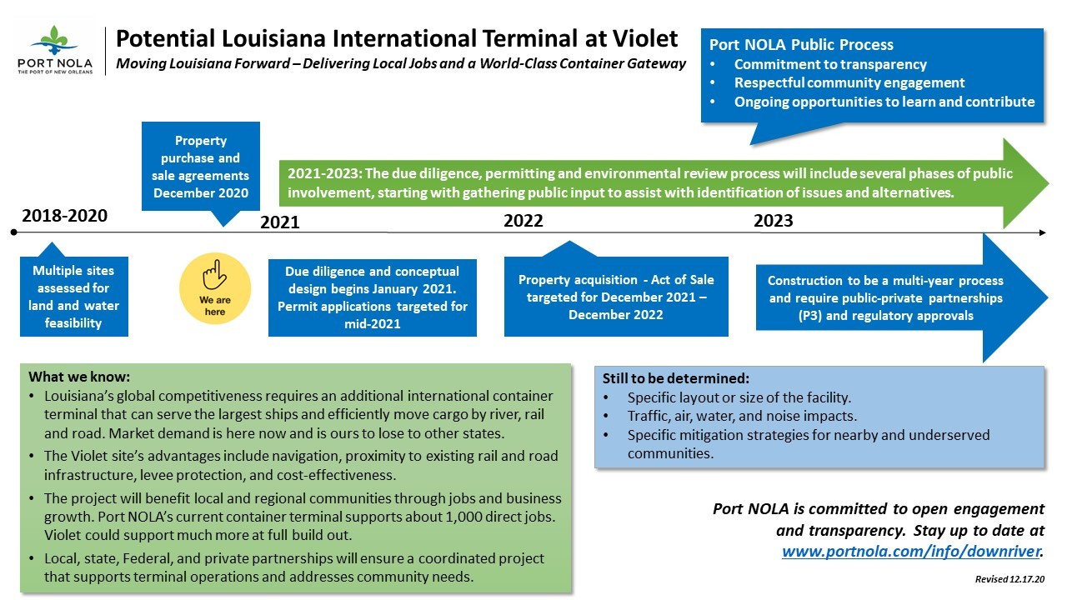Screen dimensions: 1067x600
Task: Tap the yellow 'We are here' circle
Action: (215, 288)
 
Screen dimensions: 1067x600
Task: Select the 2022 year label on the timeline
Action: (523, 221)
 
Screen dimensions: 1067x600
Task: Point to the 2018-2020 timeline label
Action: (64, 216)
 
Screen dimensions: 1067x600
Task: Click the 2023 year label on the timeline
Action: (773, 221)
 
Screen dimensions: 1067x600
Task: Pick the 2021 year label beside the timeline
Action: (279, 222)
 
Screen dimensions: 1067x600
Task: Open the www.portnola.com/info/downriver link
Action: (911, 552)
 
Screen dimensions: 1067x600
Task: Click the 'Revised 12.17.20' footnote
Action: (1009, 579)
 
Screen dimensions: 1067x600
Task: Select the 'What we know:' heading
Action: (79, 377)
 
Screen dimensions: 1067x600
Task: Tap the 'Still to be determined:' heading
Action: (675, 378)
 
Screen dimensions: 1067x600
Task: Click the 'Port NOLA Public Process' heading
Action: (801, 45)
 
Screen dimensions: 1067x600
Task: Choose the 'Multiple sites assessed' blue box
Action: (74, 296)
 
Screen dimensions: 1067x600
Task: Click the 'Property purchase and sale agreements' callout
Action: (201, 167)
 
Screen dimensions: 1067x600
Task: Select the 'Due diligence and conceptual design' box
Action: (372, 297)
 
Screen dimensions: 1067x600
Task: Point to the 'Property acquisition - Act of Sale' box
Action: (616, 297)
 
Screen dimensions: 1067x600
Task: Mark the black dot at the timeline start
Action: (14, 232)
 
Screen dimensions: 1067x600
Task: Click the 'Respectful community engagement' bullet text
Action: (849, 82)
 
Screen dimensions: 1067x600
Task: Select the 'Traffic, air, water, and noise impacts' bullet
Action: (742, 416)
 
